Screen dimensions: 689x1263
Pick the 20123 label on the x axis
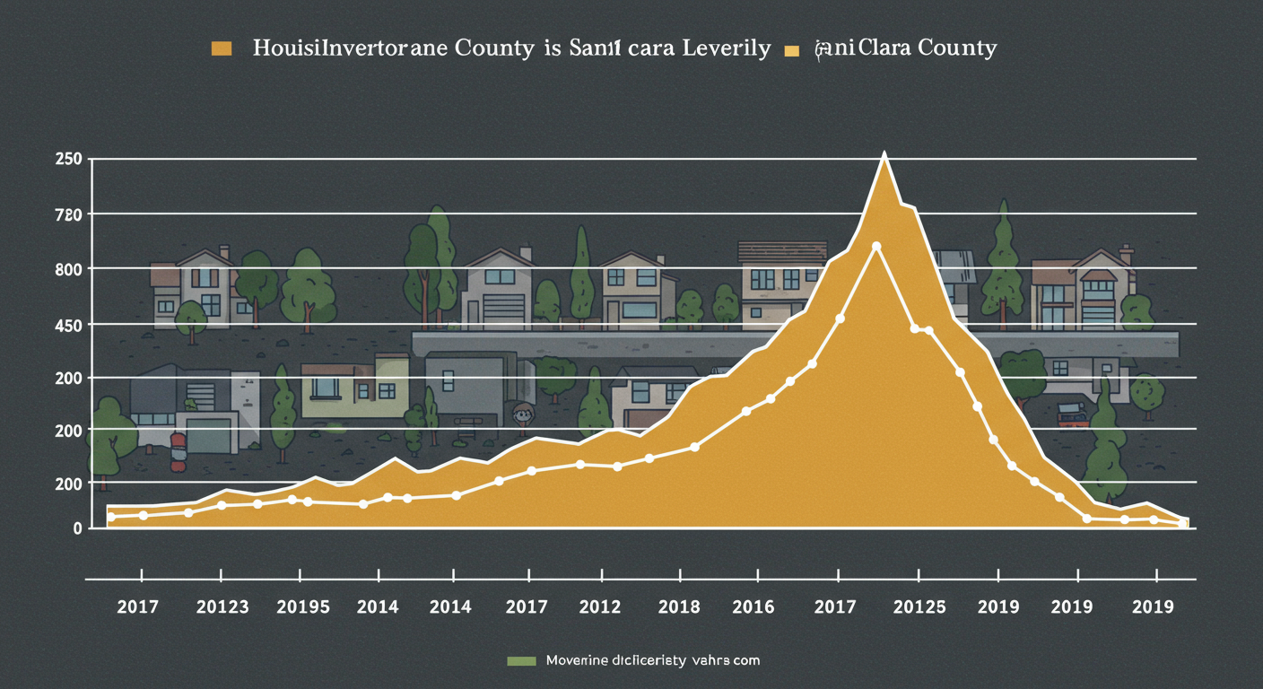pyautogui.click(x=222, y=607)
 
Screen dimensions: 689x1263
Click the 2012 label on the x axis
pyautogui.click(x=601, y=607)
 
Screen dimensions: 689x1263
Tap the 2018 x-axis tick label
pyautogui.click(x=678, y=607)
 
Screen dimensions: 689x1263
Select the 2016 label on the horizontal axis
pyautogui.click(x=753, y=607)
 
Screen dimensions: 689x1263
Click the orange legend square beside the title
pyautogui.click(x=221, y=48)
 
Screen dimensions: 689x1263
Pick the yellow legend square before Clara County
pyautogui.click(x=791, y=50)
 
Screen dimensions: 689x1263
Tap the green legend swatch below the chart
pyautogui.click(x=520, y=661)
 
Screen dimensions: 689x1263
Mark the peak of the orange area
pyautogui.click(x=884, y=154)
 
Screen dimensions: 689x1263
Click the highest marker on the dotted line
pyautogui.click(x=876, y=246)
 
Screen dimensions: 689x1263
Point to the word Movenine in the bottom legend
pyautogui.click(x=576, y=660)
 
